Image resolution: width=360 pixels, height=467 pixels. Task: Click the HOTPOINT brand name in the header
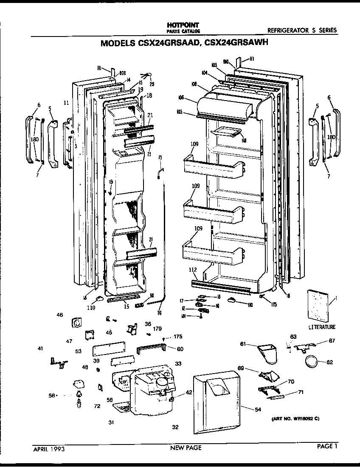(180, 25)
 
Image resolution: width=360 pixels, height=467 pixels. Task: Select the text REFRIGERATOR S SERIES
(302, 30)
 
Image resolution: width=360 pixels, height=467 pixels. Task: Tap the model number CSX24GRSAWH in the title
(237, 43)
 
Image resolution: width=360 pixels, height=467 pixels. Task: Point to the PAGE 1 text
(327, 446)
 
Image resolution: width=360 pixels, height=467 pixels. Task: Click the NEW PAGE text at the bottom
(186, 447)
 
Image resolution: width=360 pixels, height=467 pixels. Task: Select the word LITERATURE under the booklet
(321, 327)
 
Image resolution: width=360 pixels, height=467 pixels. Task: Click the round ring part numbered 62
(312, 362)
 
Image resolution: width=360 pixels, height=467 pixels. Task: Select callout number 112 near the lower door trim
(193, 269)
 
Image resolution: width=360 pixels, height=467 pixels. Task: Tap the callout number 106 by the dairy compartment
(181, 98)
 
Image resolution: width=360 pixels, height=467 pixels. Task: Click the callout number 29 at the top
(152, 84)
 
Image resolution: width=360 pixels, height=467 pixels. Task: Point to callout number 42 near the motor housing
(189, 393)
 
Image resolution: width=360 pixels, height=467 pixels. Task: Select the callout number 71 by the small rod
(301, 392)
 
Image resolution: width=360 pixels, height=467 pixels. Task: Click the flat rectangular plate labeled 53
(109, 349)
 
